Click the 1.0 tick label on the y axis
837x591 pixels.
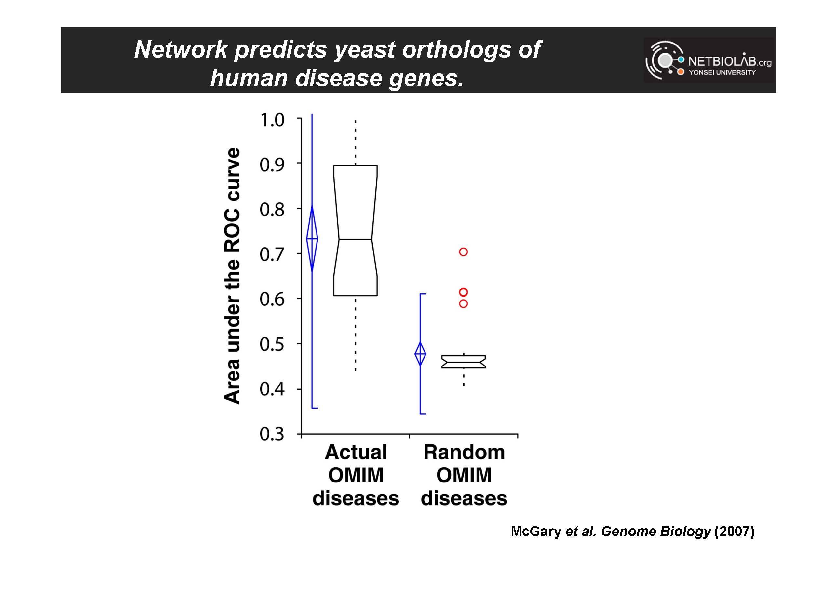click(x=272, y=120)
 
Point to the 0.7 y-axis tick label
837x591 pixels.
click(x=272, y=254)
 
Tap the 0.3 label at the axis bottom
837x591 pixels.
click(x=272, y=434)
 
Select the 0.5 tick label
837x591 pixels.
click(x=272, y=344)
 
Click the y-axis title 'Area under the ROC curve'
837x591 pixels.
click(x=232, y=276)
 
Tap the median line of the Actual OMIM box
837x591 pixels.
click(x=356, y=239)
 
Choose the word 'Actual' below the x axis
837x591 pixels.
click(x=356, y=452)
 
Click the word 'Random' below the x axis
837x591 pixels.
click(x=464, y=452)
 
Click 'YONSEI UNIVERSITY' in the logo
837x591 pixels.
click(x=722, y=72)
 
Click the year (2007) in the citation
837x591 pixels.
click(x=734, y=532)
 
